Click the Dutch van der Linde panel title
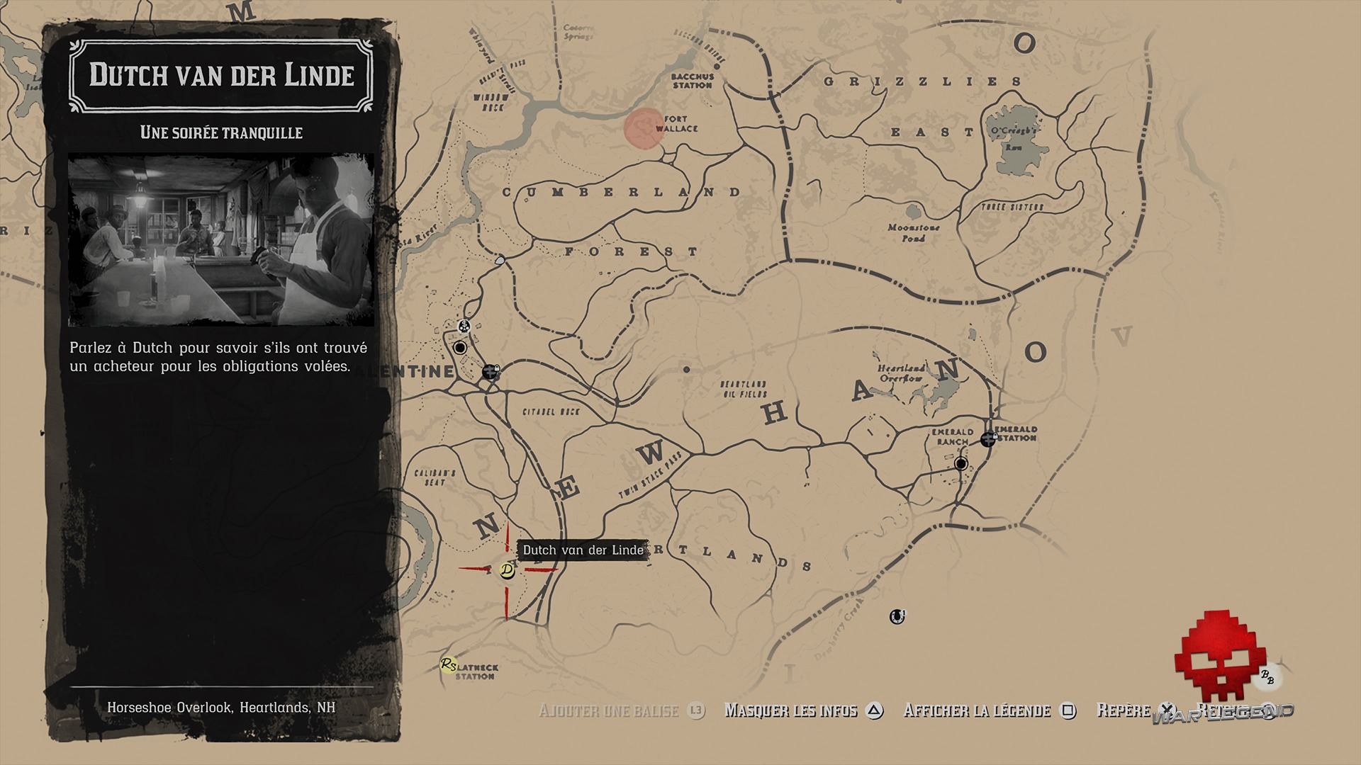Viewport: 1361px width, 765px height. click(x=221, y=74)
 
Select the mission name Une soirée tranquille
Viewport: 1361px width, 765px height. click(x=221, y=132)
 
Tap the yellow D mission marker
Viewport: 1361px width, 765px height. click(x=507, y=570)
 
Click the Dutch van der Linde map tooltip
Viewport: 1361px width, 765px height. click(x=583, y=550)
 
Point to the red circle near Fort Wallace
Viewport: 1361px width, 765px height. click(x=644, y=129)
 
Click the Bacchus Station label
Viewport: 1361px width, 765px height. click(x=693, y=81)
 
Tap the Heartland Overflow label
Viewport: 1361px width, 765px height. click(x=901, y=373)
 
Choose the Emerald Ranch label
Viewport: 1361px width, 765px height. click(x=952, y=436)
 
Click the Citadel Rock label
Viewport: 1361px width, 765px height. click(x=551, y=412)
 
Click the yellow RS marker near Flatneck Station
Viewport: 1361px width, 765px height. click(x=448, y=664)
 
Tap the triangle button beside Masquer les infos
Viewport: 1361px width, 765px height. click(x=875, y=710)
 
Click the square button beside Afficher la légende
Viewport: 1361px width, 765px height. click(x=1068, y=710)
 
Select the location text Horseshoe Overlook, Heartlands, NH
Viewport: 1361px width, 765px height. click(x=221, y=708)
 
